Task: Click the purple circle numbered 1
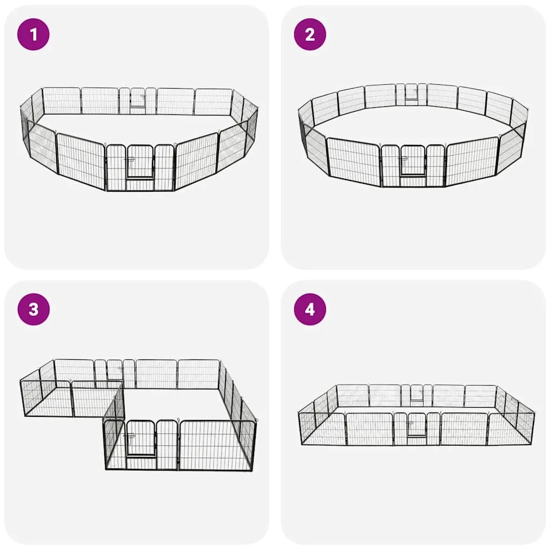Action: pos(33,34)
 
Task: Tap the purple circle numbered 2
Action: pos(310,34)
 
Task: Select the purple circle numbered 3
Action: pos(33,309)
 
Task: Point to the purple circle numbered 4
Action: pos(310,309)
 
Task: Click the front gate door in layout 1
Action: pos(140,162)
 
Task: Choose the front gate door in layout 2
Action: pos(413,160)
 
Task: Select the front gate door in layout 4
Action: pos(417,424)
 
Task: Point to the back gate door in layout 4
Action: pos(417,392)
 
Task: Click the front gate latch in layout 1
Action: pos(128,160)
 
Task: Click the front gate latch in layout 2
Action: pos(401,160)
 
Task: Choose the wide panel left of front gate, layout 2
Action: pos(353,160)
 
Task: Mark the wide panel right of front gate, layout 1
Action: pos(196,161)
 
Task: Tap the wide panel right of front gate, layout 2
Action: pos(472,160)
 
